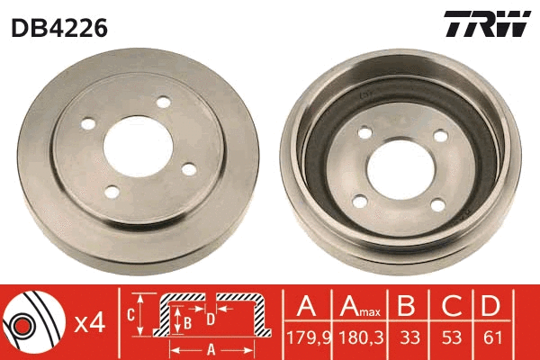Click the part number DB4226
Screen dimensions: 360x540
(59, 28)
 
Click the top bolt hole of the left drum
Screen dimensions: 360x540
(163, 103)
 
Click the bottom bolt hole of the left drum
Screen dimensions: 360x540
(111, 191)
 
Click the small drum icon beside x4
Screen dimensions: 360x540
(32, 320)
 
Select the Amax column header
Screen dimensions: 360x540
(361, 307)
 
